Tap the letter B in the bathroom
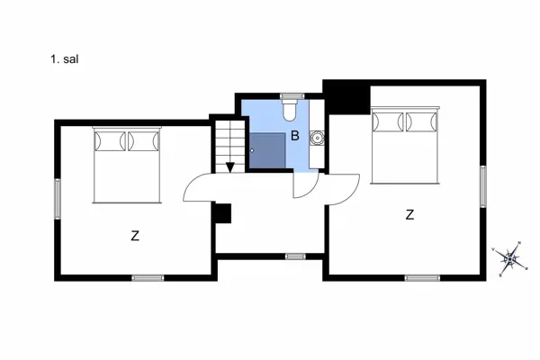click(294, 137)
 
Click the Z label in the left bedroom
click(135, 237)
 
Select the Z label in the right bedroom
click(409, 215)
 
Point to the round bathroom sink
click(317, 138)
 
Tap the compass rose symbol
click(511, 259)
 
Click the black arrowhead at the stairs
click(230, 166)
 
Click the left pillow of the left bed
click(110, 141)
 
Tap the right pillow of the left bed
click(143, 141)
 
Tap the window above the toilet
click(290, 94)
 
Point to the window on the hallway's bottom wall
click(294, 256)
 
